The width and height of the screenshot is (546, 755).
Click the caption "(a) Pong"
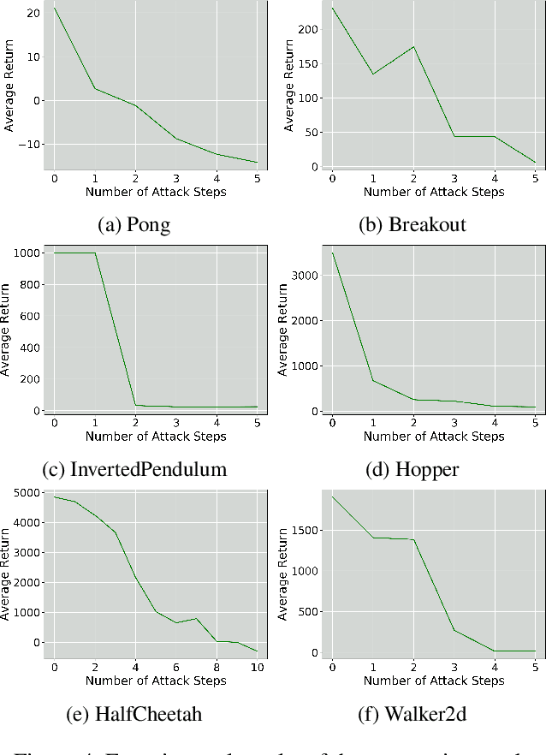134,224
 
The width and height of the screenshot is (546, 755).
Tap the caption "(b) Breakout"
412,224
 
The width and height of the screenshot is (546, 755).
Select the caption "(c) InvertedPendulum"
134,469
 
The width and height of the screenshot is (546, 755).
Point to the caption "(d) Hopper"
412,469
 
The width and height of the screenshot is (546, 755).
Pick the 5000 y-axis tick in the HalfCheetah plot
24,492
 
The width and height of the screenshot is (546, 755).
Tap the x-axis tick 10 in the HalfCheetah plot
257,667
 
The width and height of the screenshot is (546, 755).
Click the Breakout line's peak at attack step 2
414,46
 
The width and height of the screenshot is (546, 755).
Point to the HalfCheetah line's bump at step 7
196,618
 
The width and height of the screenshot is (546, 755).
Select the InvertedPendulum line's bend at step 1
95,253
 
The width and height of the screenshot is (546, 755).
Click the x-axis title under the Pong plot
156,192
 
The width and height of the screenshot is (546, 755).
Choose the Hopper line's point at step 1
374,380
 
